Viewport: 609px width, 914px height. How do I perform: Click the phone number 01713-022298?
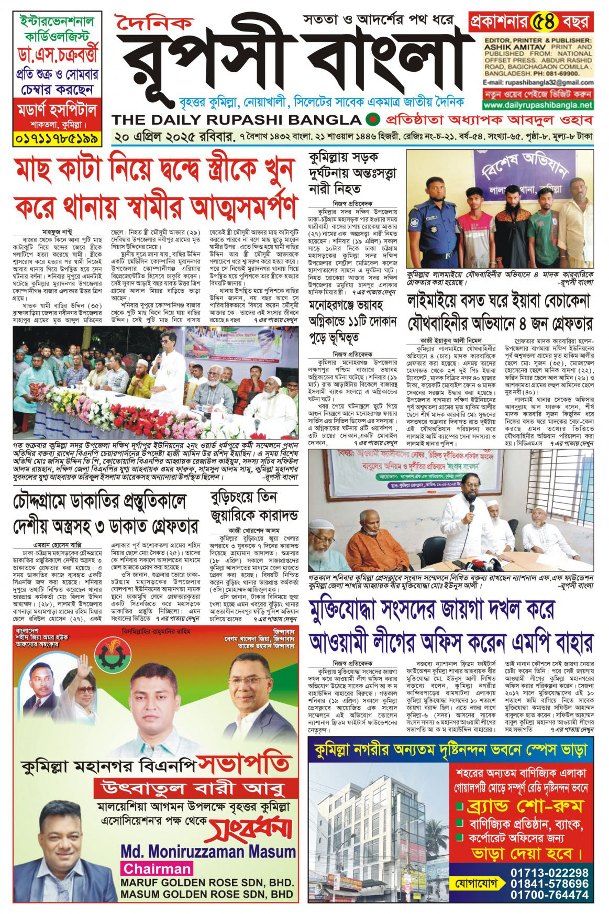coord(549,872)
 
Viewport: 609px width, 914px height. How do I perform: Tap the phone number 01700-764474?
coord(549,895)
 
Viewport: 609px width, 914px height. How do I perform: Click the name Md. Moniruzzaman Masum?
coord(208,851)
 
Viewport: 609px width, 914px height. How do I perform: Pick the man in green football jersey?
coord(545,230)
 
